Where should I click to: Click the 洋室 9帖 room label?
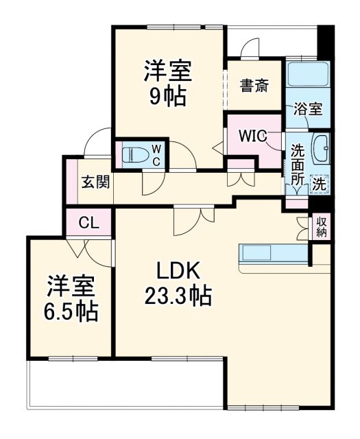tap(167, 82)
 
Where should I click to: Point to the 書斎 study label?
tap(254, 86)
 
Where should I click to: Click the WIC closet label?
tap(252, 135)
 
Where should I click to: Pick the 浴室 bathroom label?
tap(307, 109)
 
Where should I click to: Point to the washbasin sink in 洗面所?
tap(322, 147)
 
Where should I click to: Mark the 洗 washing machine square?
tap(320, 183)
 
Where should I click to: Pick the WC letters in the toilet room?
tap(156, 154)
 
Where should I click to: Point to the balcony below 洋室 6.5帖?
tap(123, 388)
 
